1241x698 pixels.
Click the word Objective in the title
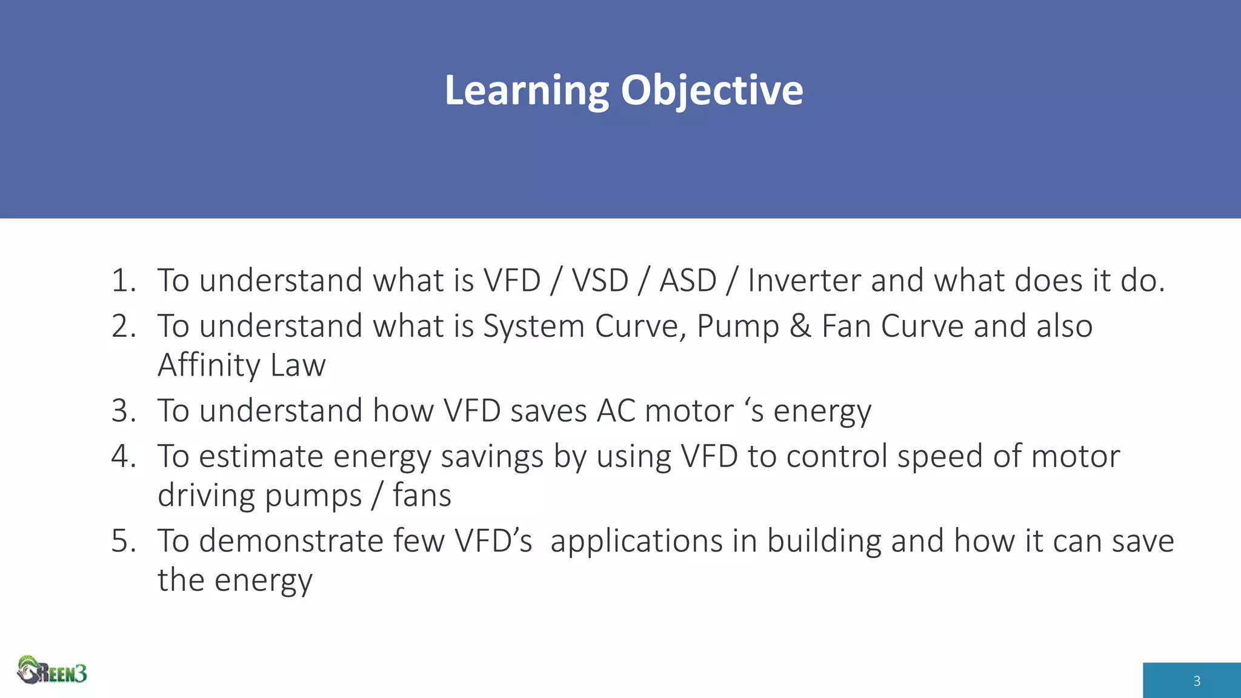[x=711, y=91]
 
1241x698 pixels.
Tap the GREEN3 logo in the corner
[x=52, y=671]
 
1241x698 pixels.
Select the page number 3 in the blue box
[x=1196, y=681]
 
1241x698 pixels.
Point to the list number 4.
[x=124, y=456]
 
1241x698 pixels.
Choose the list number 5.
[x=124, y=541]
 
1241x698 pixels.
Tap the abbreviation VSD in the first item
[x=600, y=281]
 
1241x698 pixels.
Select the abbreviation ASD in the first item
[x=688, y=281]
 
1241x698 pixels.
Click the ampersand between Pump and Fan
[x=800, y=327]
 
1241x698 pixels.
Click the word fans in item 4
[x=422, y=496]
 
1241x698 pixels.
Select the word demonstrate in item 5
[x=291, y=541]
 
